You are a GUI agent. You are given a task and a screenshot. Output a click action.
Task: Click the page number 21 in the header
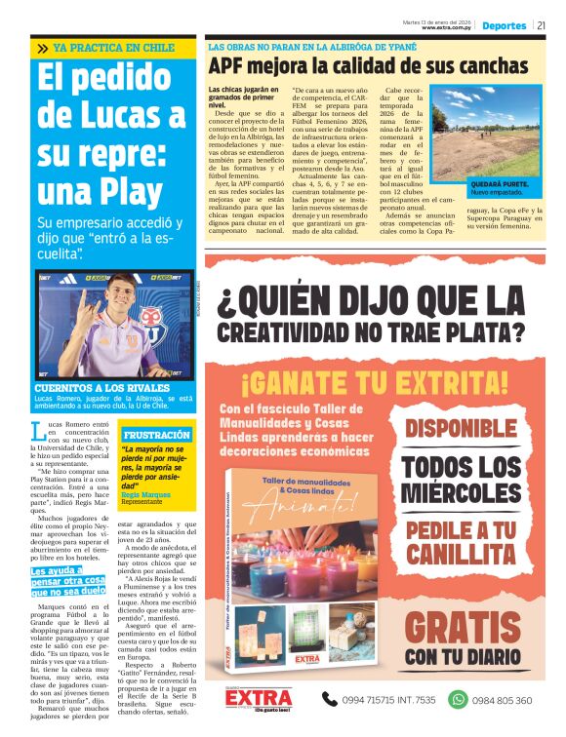[542, 25]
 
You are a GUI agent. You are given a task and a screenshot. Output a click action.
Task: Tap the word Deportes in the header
[504, 25]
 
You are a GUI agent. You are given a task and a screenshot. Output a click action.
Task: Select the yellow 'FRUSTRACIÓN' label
[156, 434]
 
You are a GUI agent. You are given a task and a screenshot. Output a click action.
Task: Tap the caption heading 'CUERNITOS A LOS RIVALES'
[88, 388]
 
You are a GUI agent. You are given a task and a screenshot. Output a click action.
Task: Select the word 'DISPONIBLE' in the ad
[475, 428]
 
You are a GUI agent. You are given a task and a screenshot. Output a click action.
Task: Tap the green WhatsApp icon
[457, 699]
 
